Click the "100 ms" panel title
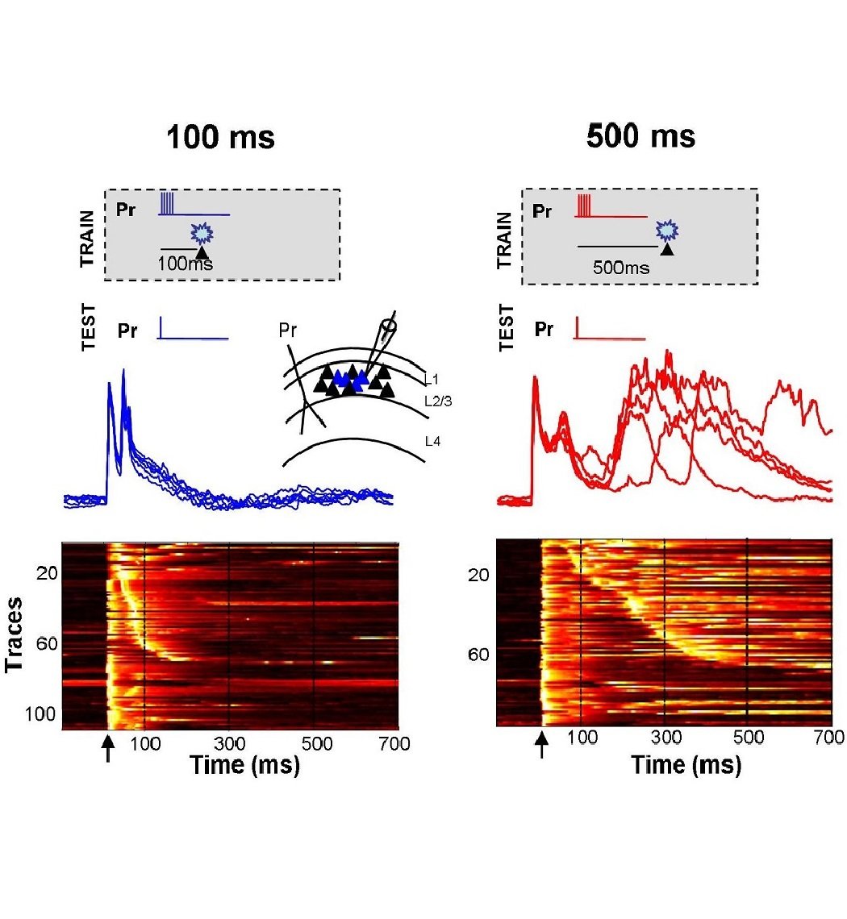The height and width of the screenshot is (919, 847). point(220,137)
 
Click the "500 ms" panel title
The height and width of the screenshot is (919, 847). point(640,135)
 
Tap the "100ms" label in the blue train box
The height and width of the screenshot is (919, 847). point(187,263)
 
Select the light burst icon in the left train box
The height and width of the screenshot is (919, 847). point(200,235)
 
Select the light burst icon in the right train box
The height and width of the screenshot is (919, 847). point(666,231)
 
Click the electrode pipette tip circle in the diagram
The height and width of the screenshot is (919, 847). point(390,327)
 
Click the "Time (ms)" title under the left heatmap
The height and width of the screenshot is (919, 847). point(244,765)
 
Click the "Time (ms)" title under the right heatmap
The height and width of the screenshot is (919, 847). point(686,765)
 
